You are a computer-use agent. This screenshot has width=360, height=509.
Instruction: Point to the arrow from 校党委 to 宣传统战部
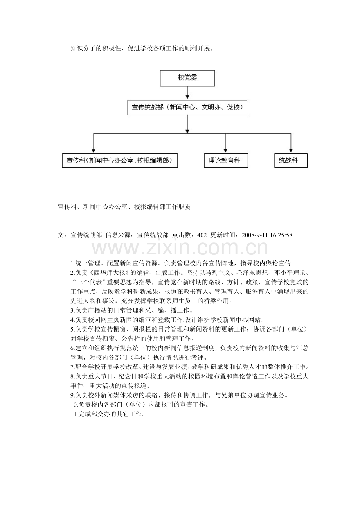click(x=187, y=93)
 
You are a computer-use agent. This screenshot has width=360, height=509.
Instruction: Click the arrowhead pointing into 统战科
click(x=291, y=151)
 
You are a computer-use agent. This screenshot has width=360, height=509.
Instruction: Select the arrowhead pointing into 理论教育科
click(x=225, y=151)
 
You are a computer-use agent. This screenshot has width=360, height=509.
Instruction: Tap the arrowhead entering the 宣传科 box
click(x=93, y=151)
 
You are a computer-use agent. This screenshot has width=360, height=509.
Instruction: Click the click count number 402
click(x=202, y=235)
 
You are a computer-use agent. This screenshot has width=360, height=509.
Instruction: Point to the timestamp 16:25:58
click(x=281, y=235)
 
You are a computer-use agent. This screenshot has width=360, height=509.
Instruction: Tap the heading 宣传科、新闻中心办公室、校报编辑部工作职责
click(x=124, y=207)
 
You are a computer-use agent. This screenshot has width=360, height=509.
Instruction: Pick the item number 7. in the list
click(x=72, y=367)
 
